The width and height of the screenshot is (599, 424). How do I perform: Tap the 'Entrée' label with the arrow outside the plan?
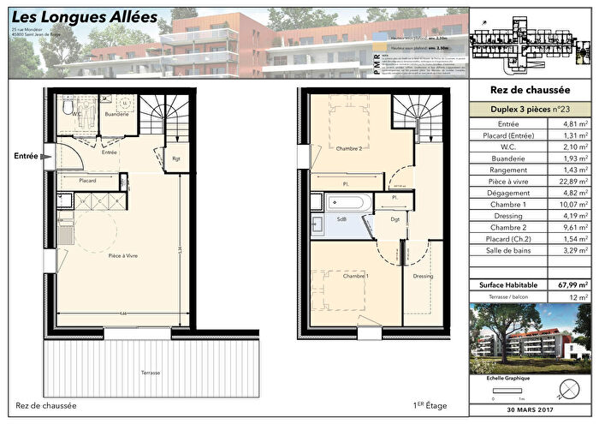(x=27, y=156)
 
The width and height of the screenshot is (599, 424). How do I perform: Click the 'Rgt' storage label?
(x=176, y=158)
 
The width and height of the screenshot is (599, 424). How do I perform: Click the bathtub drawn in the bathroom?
(x=348, y=204)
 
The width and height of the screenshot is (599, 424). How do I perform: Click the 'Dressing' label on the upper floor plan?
(x=422, y=277)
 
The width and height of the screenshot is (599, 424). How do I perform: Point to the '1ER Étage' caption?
(x=430, y=405)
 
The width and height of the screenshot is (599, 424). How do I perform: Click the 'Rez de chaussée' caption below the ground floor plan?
(x=46, y=405)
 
